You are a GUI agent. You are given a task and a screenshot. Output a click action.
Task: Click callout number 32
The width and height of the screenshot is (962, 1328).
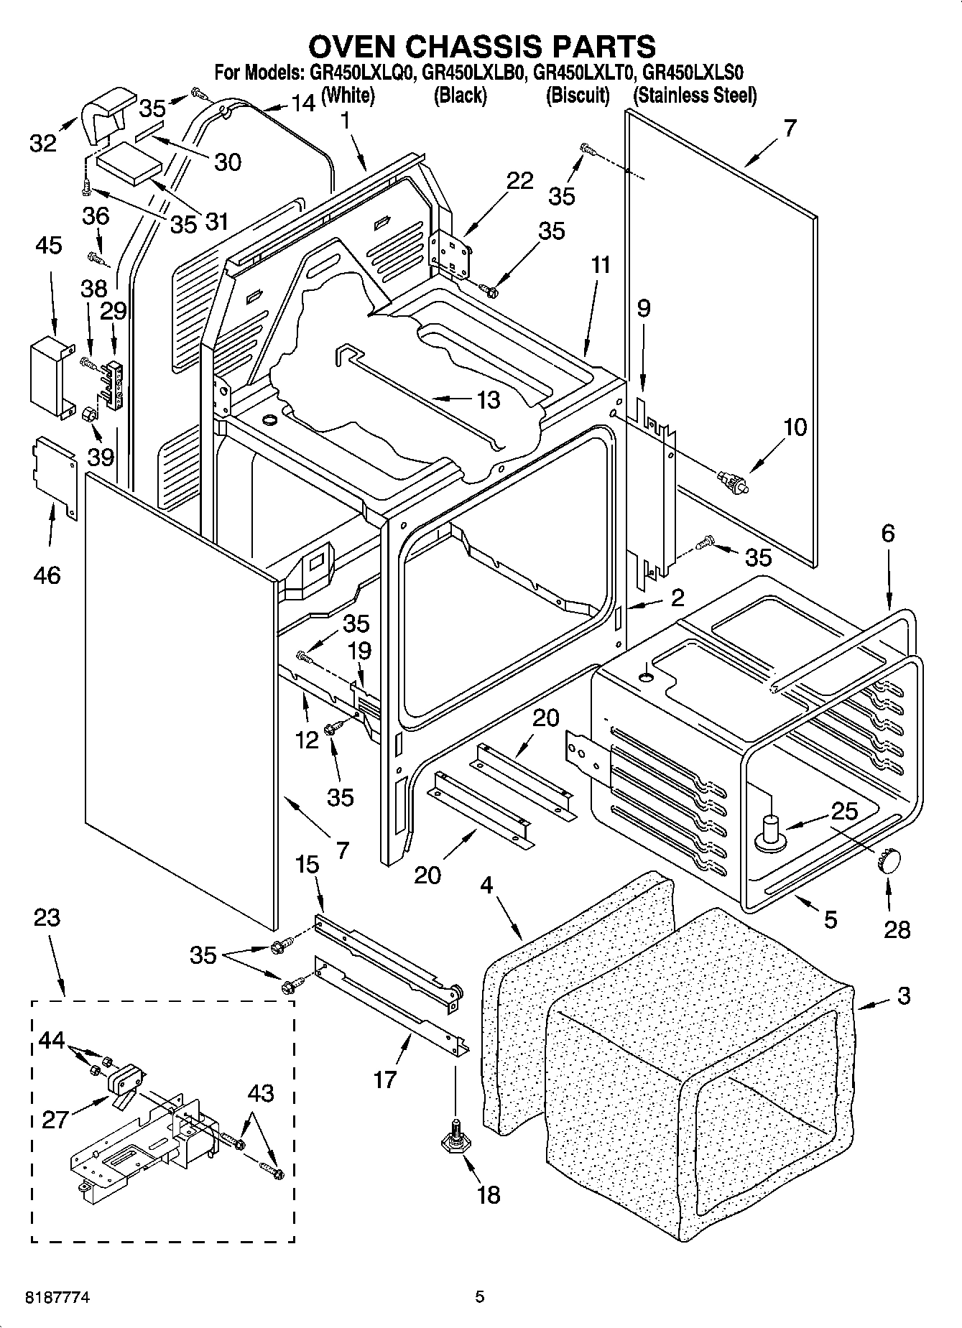[43, 144]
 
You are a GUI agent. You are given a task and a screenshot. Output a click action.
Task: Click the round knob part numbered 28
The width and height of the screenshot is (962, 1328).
[889, 860]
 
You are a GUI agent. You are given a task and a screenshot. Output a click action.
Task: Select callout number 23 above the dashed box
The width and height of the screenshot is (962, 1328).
[47, 917]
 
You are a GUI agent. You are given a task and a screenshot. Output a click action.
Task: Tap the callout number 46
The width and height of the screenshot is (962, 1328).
[47, 575]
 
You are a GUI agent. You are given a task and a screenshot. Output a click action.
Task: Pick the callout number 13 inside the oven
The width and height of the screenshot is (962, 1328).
[489, 399]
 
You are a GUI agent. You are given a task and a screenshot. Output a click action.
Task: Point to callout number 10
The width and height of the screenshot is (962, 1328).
[795, 427]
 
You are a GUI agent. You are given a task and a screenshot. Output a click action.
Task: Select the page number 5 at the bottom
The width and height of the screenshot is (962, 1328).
[480, 1297]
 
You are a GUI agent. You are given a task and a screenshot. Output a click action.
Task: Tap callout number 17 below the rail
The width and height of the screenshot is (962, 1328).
[385, 1079]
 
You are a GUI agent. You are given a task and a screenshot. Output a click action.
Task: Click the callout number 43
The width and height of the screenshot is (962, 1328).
[261, 1094]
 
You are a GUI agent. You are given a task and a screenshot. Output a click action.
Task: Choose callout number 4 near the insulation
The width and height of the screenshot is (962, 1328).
[486, 886]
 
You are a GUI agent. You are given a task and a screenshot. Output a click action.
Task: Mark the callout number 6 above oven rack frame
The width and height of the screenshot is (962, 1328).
[888, 533]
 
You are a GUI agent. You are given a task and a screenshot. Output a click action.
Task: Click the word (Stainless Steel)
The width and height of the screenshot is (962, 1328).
[694, 95]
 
